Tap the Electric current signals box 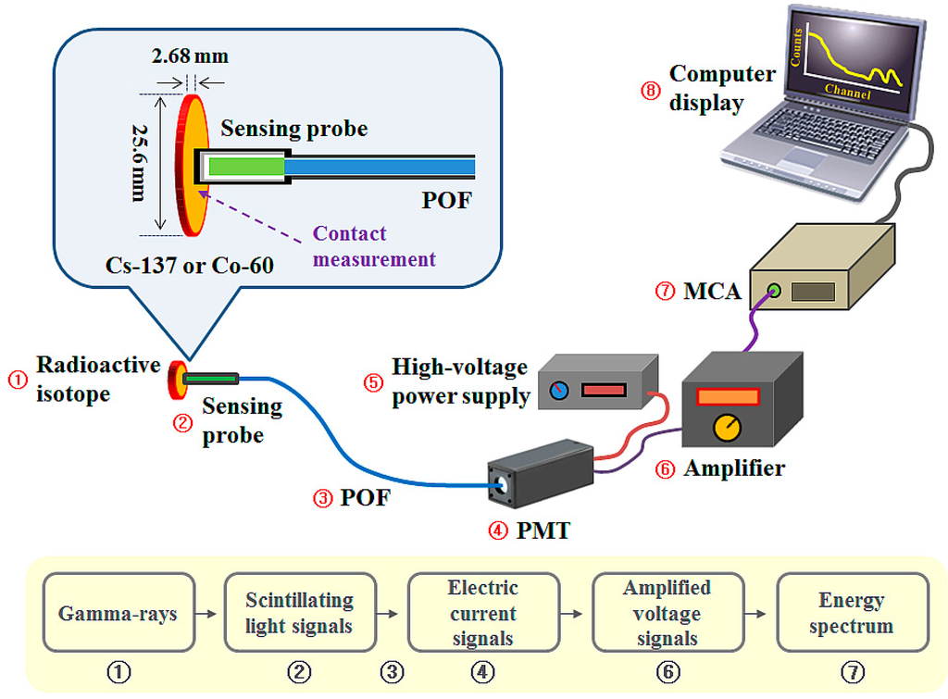pos(482,613)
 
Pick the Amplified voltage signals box pos(667,613)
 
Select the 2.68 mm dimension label pos(190,56)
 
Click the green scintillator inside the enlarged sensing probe pos(246,168)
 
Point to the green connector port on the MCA pos(775,292)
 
